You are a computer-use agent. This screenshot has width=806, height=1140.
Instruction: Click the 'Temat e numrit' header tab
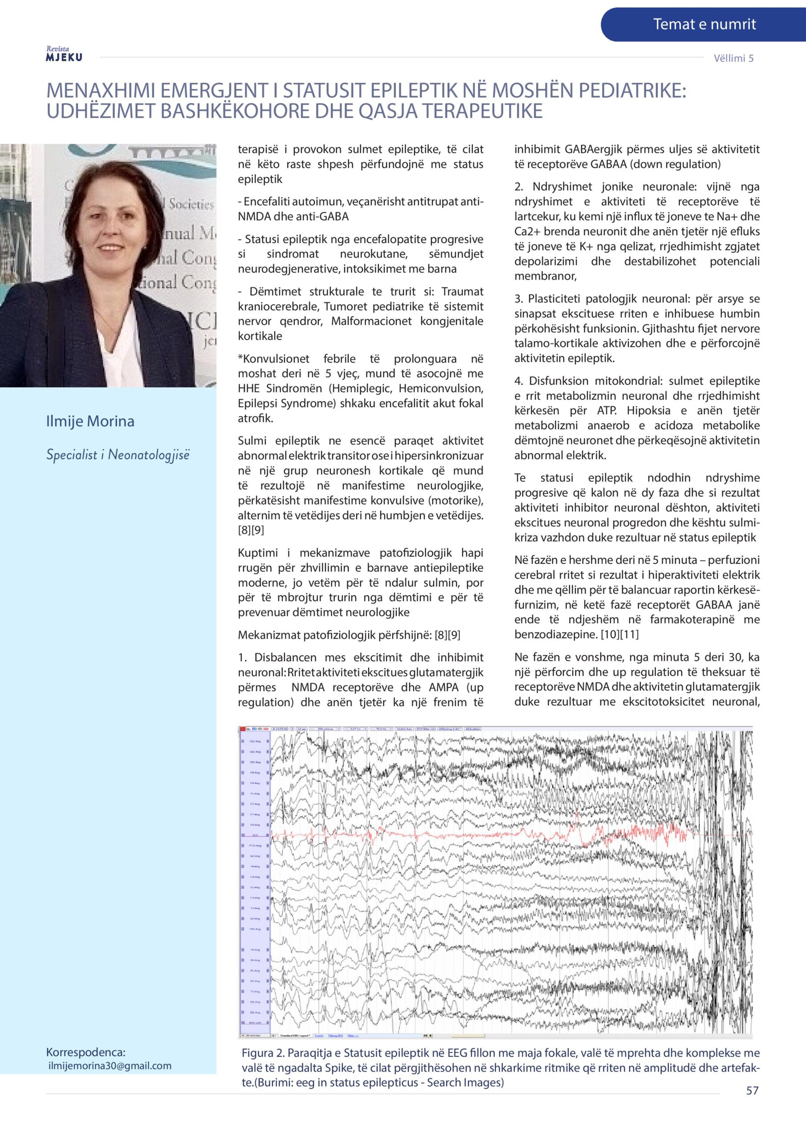pyautogui.click(x=704, y=24)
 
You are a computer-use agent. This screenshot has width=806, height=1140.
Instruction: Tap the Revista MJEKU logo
pyautogui.click(x=64, y=55)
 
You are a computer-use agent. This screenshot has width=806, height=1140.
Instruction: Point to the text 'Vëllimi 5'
pyautogui.click(x=733, y=58)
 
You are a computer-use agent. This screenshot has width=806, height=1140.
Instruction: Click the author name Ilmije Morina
pyautogui.click(x=90, y=421)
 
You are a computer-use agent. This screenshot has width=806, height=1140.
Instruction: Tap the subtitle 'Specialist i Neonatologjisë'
pyautogui.click(x=118, y=454)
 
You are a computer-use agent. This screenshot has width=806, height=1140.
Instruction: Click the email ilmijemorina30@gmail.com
pyautogui.click(x=110, y=1066)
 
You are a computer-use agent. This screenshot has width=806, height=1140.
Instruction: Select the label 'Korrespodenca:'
pyautogui.click(x=86, y=1052)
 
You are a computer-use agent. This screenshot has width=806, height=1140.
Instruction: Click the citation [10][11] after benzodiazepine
pyautogui.click(x=620, y=635)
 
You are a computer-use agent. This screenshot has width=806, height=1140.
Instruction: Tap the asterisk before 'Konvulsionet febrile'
pyautogui.click(x=240, y=358)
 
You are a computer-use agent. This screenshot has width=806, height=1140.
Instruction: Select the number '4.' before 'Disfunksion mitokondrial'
pyautogui.click(x=519, y=381)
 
